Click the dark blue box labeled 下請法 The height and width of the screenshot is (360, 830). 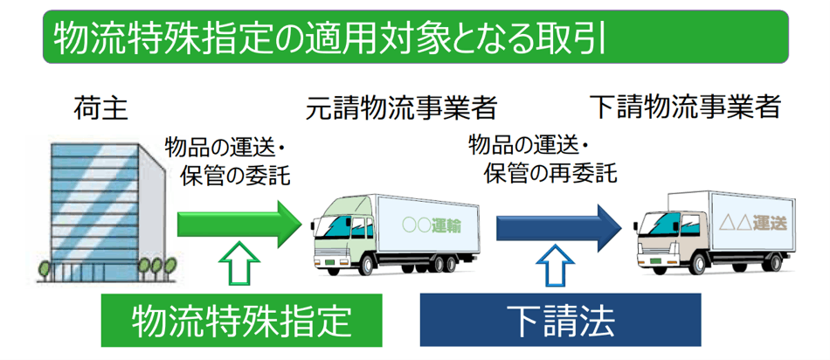(561, 320)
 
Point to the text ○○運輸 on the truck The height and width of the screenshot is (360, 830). (432, 224)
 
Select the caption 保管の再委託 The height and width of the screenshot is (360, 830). (550, 172)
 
